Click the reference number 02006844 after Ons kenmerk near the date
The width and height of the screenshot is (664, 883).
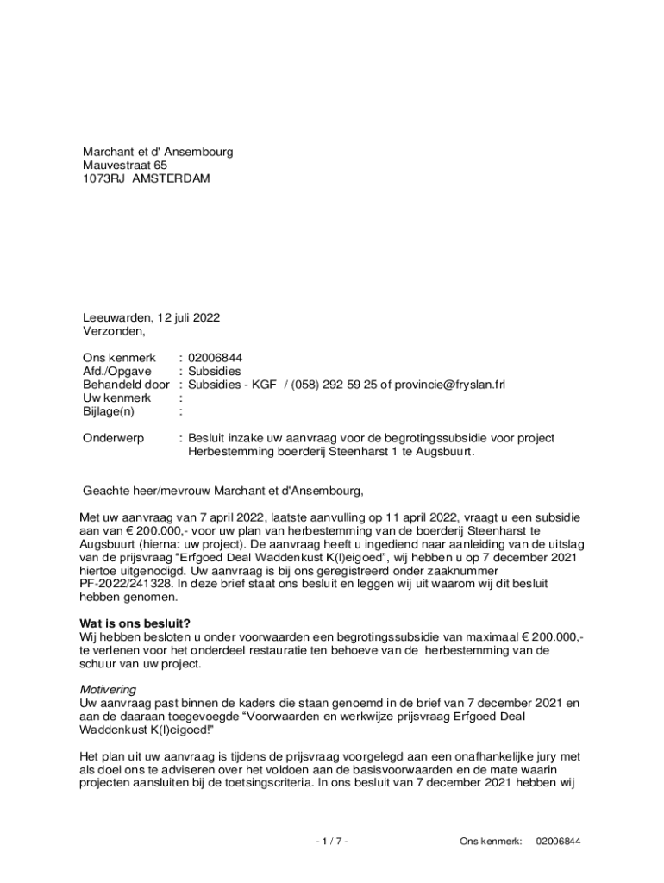point(216,357)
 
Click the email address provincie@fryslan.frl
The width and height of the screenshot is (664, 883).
point(449,385)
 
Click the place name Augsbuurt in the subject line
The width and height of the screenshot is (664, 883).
point(444,452)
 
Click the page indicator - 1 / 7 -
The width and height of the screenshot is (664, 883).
point(332,841)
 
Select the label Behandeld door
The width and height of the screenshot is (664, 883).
point(126,385)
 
